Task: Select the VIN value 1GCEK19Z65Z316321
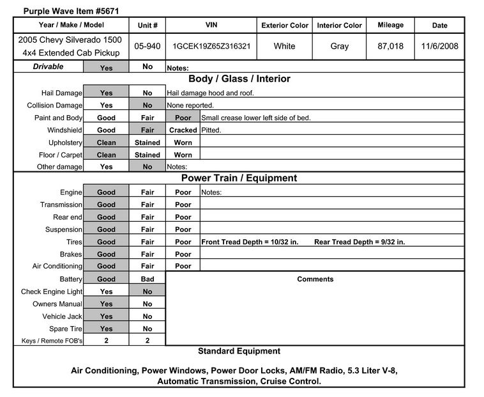pyautogui.click(x=211, y=46)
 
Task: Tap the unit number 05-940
pyautogui.click(x=147, y=46)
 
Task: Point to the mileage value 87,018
pyautogui.click(x=390, y=46)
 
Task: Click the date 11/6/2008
pyautogui.click(x=440, y=46)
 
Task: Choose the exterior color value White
pyautogui.click(x=284, y=46)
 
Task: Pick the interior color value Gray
pyautogui.click(x=340, y=46)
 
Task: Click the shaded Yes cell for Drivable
pyautogui.click(x=106, y=67)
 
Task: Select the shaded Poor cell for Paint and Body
pyautogui.click(x=183, y=118)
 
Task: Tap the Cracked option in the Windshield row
pyautogui.click(x=183, y=130)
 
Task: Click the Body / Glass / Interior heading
pyautogui.click(x=239, y=79)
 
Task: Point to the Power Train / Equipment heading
pyautogui.click(x=239, y=178)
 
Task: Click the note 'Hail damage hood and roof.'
pyautogui.click(x=211, y=93)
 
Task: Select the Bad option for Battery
pyautogui.click(x=147, y=279)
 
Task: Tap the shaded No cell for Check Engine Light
pyautogui.click(x=147, y=292)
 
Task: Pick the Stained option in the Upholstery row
pyautogui.click(x=147, y=143)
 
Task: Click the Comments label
pyautogui.click(x=315, y=279)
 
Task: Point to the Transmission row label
pyautogui.click(x=61, y=205)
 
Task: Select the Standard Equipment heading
pyautogui.click(x=239, y=351)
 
